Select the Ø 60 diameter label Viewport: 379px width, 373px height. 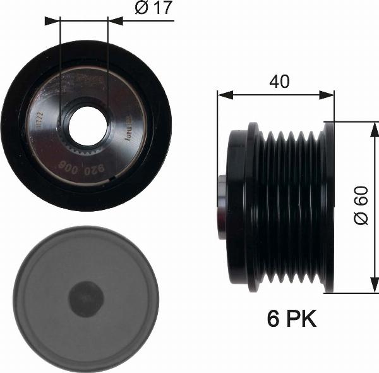361,208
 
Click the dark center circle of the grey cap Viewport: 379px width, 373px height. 85,299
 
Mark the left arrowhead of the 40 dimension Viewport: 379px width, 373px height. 223,95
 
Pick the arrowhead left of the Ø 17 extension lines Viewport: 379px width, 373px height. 52,21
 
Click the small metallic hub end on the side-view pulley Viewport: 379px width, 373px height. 221,207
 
